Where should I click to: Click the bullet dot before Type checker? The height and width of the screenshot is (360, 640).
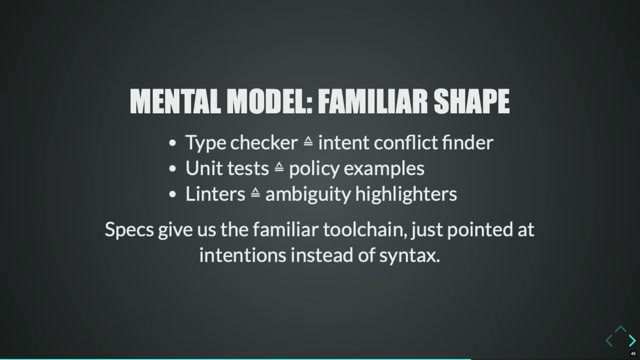pos(174,144)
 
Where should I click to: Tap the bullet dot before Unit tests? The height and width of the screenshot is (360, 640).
pos(174,169)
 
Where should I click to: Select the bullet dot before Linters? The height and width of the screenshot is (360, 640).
pos(174,194)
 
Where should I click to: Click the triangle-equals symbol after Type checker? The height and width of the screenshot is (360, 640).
pos(308,143)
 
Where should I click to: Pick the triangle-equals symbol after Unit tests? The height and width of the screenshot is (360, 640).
pos(279,168)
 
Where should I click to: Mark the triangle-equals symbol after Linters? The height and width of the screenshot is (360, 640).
pos(255,193)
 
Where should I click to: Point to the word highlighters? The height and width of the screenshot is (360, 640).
pos(409,193)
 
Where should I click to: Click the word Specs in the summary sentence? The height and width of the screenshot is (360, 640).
pos(129,230)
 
